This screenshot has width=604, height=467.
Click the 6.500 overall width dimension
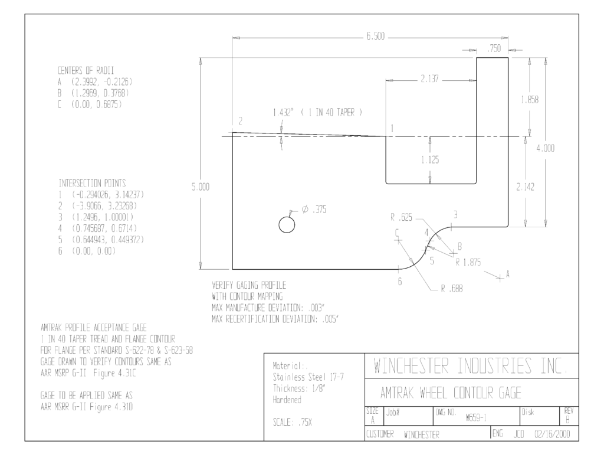(375, 36)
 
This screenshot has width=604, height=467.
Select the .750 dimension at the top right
(494, 48)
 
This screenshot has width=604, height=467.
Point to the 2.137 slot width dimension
(429, 79)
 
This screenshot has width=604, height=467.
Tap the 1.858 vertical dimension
(530, 100)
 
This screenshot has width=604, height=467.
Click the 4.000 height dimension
(546, 148)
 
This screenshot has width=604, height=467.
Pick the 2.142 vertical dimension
(525, 187)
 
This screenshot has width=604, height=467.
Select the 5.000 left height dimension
(201, 187)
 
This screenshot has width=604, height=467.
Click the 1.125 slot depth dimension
(430, 159)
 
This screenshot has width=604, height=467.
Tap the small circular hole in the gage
(287, 225)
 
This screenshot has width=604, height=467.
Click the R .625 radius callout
(401, 217)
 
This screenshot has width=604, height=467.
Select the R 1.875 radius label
(468, 262)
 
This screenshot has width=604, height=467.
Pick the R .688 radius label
(452, 289)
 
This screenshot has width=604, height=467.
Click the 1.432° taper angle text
(283, 112)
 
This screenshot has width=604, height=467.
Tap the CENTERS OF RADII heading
(86, 71)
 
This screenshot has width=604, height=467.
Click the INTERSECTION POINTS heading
(92, 183)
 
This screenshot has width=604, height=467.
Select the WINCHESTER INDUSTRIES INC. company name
(471, 366)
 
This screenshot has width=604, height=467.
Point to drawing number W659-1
(476, 417)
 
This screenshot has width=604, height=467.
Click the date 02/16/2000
(552, 434)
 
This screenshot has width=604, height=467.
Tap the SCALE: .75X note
(293, 422)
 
